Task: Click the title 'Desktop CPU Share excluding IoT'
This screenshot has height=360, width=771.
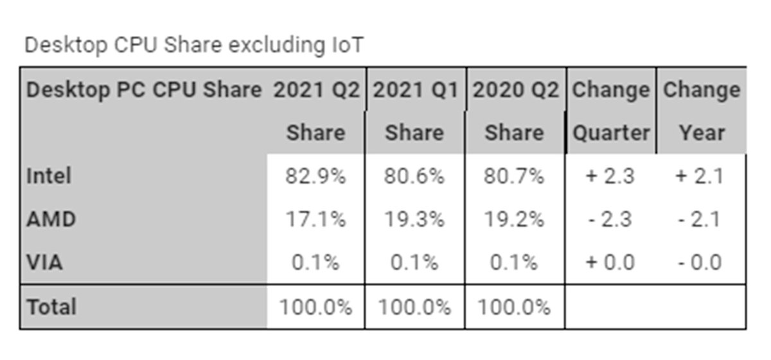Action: [193, 45]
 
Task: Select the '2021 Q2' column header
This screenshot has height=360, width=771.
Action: [316, 90]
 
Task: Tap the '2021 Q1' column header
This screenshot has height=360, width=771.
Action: [415, 90]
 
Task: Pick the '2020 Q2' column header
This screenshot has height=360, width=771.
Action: [515, 90]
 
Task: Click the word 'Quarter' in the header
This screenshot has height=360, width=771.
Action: [610, 132]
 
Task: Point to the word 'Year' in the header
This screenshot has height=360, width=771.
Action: [702, 132]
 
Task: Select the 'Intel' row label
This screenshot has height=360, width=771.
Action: [49, 175]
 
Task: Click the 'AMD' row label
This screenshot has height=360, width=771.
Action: [51, 219]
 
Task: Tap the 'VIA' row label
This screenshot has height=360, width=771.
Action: [45, 262]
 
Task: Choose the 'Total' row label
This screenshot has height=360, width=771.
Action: [51, 306]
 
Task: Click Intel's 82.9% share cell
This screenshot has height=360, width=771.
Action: [315, 175]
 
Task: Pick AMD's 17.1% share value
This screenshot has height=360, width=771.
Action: [315, 219]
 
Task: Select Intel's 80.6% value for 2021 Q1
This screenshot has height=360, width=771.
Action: [414, 175]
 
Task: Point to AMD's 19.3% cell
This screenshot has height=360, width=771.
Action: [414, 219]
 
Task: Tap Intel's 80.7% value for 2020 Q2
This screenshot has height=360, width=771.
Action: [514, 175]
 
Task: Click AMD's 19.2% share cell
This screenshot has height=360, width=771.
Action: [514, 219]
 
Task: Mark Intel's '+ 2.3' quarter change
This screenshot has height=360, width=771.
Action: [610, 175]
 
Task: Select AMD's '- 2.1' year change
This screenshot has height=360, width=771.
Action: [701, 219]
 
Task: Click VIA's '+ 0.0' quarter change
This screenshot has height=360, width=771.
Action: [610, 262]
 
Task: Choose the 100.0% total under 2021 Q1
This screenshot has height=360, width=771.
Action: [414, 306]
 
